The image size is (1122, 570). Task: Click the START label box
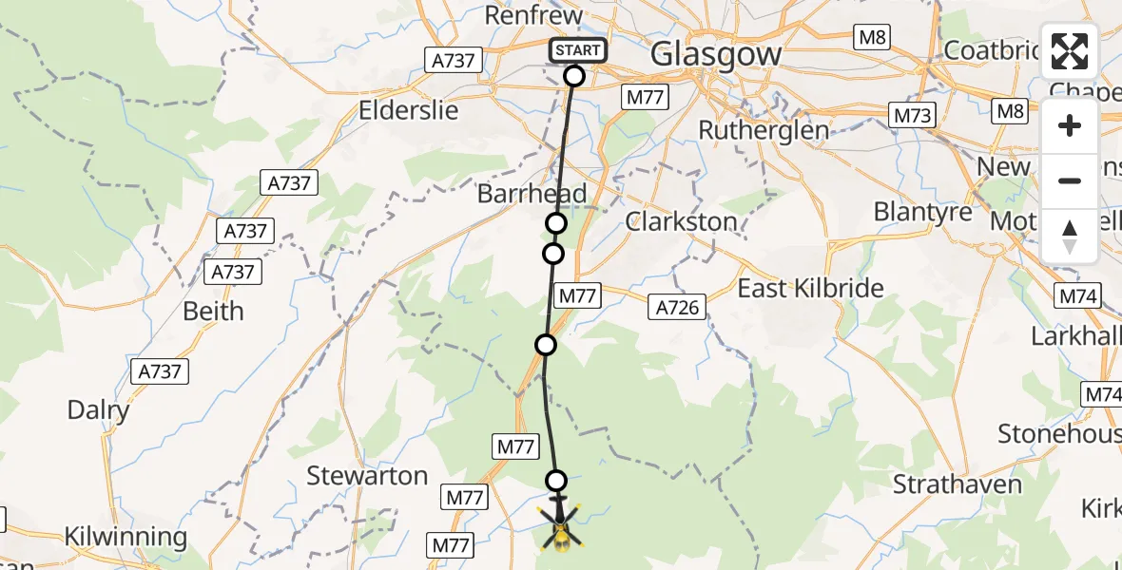[x=576, y=50]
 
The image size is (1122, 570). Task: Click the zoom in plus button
[x=1070, y=126]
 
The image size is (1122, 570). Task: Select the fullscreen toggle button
[x=1070, y=52]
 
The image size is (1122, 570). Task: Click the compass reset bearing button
[x=1070, y=235]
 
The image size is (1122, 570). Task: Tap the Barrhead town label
[x=532, y=194]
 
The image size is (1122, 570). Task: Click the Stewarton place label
[x=367, y=476]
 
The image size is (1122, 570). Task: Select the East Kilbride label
[x=811, y=288]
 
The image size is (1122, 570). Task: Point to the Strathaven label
[x=958, y=484]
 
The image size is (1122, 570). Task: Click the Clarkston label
[x=681, y=221]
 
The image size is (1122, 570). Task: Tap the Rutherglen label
[x=764, y=130]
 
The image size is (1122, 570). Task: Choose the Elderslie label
[x=408, y=110]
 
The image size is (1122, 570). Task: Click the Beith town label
[x=213, y=311]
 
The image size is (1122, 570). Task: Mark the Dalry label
[x=98, y=410]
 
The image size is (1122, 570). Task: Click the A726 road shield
[x=678, y=307]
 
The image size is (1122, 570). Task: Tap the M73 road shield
[x=914, y=116]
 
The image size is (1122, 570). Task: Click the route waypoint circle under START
[x=574, y=76]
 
